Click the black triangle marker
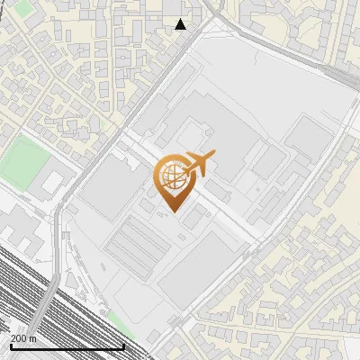181,24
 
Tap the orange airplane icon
197,163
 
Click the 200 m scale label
23,338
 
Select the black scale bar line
67,346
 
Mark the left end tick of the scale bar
10,346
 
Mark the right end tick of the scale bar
123,346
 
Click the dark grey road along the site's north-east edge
288,54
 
